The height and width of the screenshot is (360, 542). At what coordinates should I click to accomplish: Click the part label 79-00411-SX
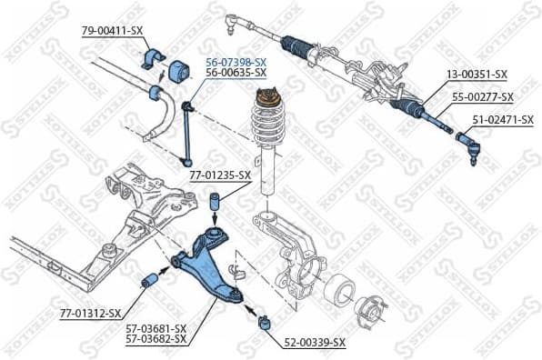(x=113, y=31)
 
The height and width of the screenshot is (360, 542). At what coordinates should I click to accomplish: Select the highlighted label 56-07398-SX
(x=236, y=61)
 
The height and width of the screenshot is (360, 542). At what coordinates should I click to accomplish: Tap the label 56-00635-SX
(x=236, y=72)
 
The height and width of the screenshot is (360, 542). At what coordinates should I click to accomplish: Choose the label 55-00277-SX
(x=482, y=97)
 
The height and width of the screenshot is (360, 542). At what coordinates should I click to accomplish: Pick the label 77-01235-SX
(x=219, y=175)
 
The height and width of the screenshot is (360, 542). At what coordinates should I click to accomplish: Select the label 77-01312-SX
(x=90, y=314)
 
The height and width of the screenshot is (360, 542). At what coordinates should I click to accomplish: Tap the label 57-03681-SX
(x=155, y=328)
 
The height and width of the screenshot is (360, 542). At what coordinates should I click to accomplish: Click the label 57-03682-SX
(x=155, y=339)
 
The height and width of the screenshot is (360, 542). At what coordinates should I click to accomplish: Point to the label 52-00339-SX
(x=315, y=343)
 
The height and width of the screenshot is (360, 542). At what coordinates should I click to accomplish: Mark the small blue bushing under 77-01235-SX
(x=215, y=201)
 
